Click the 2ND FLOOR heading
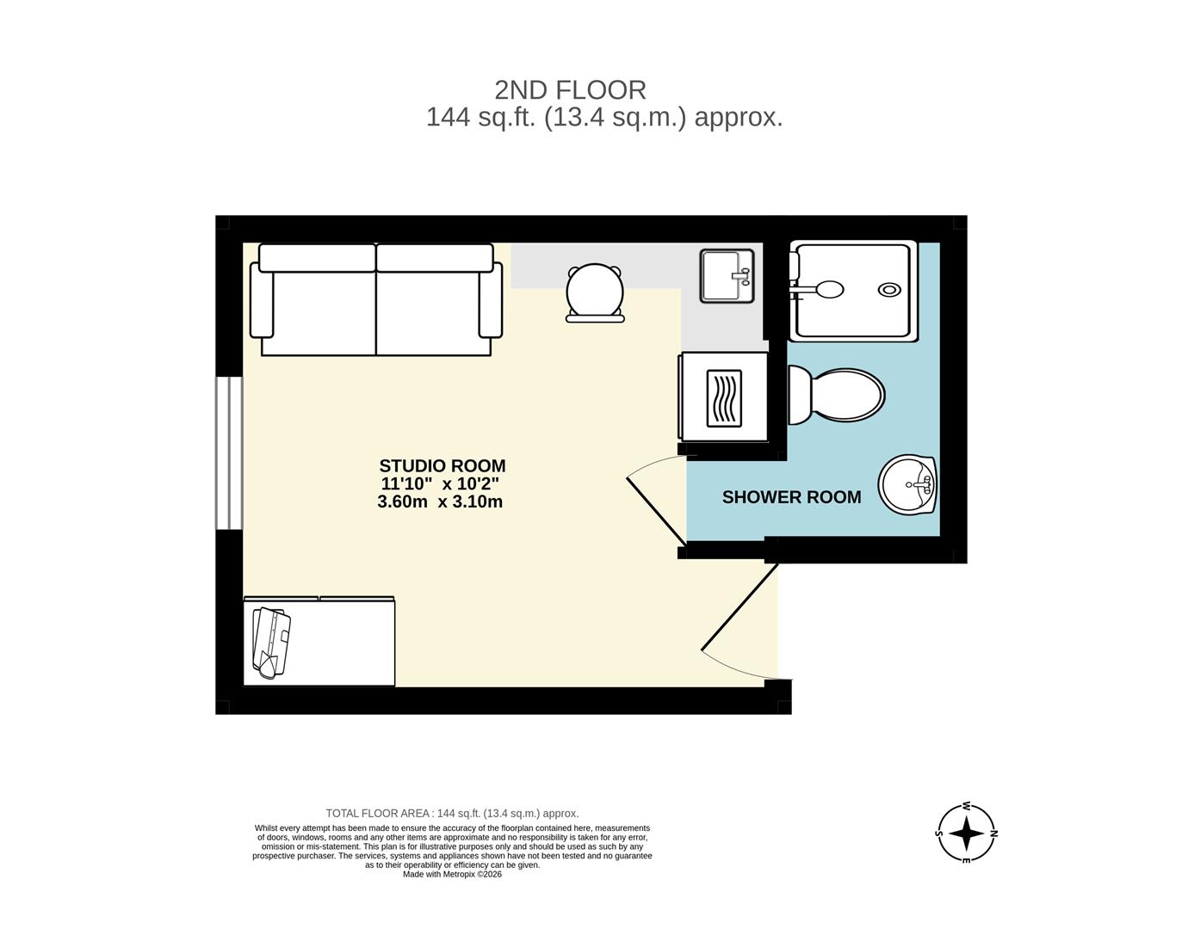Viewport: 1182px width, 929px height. click(570, 89)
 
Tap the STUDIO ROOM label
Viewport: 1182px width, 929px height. click(442, 466)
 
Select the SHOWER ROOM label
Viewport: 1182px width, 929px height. click(791, 497)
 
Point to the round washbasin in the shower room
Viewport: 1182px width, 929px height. click(907, 484)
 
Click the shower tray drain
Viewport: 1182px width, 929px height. click(889, 290)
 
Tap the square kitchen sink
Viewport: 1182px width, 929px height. click(727, 275)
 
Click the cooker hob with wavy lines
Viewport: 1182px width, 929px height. click(723, 398)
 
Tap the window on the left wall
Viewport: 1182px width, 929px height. click(229, 452)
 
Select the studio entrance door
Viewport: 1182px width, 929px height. click(740, 607)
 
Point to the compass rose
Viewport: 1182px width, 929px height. click(966, 833)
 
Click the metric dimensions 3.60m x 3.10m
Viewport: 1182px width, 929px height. click(440, 501)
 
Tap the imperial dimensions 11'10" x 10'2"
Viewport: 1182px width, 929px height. click(440, 484)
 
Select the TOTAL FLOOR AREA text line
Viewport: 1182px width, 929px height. click(452, 813)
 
